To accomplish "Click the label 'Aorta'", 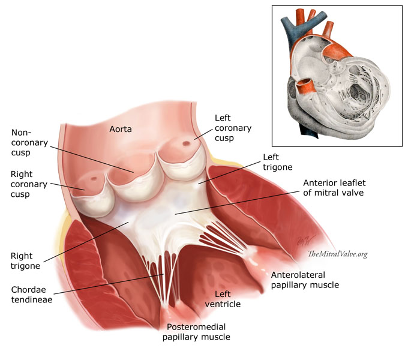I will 122,128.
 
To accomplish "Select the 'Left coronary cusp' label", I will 233,128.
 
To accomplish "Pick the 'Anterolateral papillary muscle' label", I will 305,280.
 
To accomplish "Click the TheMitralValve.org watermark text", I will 337,254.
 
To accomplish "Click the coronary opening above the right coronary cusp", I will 94,178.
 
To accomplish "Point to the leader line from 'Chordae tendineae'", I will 114,284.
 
